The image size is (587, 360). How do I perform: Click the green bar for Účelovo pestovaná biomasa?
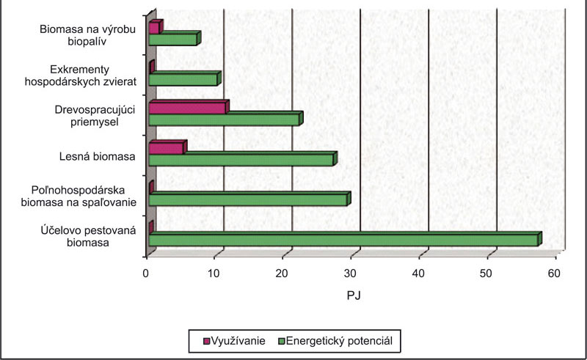(343, 240)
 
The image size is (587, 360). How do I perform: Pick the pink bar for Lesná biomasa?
(166, 148)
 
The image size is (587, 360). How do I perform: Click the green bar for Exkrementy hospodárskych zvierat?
(183, 79)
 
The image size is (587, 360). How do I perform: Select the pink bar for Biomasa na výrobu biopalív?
(154, 28)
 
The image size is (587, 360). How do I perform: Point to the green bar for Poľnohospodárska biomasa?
(248, 199)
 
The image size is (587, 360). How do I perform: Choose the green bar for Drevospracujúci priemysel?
(224, 120)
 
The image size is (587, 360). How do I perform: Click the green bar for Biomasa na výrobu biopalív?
(173, 40)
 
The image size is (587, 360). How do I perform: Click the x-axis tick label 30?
(351, 273)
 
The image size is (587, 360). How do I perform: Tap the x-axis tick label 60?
(553, 273)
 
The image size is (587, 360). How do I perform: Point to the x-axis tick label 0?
(147, 273)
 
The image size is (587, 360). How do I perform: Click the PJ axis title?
(352, 296)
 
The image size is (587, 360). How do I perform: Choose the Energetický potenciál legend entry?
(337, 341)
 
